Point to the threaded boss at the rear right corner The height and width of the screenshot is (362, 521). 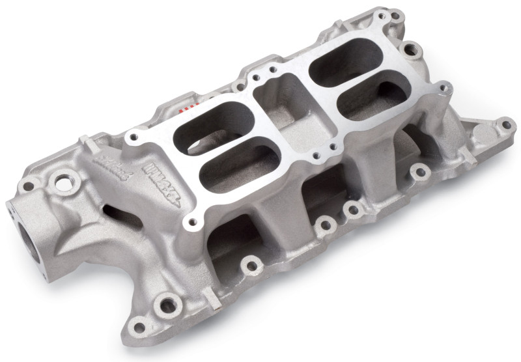(x=410, y=48)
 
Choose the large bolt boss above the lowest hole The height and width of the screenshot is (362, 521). (x=167, y=303)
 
